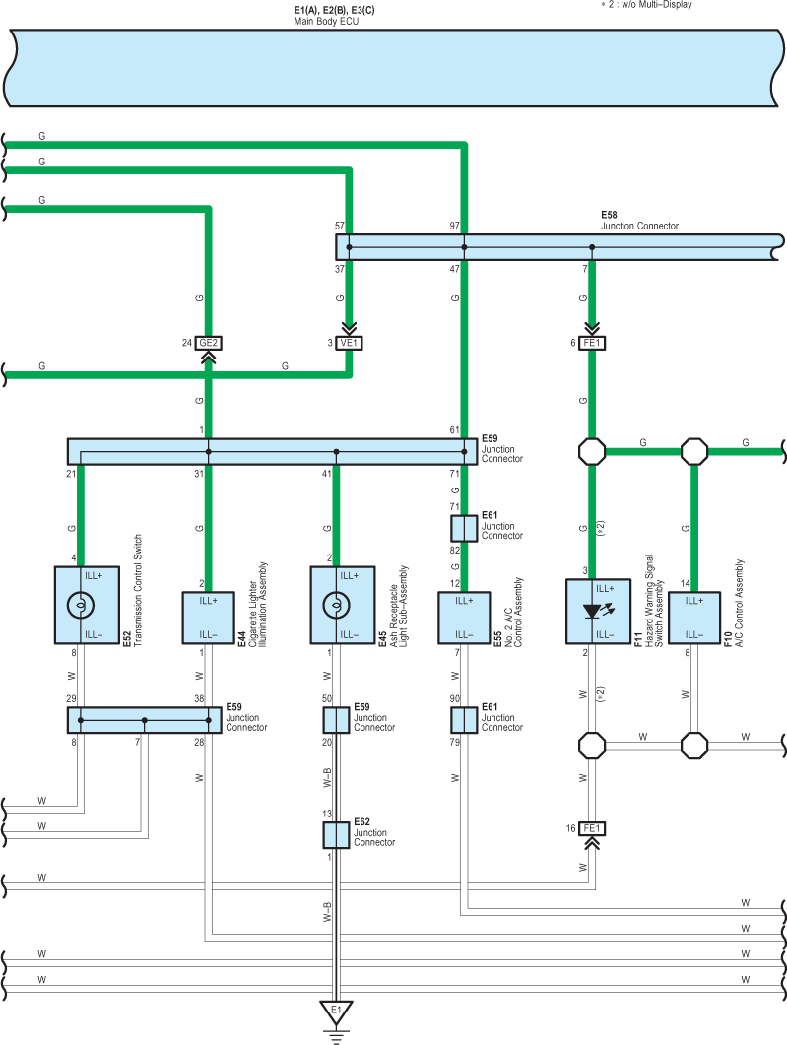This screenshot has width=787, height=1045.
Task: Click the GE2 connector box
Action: pos(208,343)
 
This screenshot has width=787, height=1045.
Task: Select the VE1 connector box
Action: pos(349,343)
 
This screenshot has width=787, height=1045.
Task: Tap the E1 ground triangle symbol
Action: pos(336,1012)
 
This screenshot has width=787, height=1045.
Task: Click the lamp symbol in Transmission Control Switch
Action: pos(81,605)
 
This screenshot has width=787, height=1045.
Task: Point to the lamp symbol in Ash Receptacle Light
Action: pos(336,605)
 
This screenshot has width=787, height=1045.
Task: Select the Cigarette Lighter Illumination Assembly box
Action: pos(208,618)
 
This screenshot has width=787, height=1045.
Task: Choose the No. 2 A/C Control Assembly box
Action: pos(464,618)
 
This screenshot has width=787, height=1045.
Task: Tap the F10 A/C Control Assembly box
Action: pos(694,618)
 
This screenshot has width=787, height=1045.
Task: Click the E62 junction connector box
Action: pos(336,835)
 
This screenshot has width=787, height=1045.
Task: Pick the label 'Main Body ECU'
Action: pos(327,22)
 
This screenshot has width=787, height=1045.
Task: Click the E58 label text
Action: pos(609,215)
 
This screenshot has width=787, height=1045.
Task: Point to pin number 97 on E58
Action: pos(454,226)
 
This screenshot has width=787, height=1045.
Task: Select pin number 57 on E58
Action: pos(340,226)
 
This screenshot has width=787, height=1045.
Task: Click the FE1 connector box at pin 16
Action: pos(592,828)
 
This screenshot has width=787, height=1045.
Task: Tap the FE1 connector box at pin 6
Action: pos(592,343)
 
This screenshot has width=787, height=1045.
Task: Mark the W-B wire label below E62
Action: pos(327,912)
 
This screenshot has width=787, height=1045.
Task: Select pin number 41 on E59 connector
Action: pos(327,474)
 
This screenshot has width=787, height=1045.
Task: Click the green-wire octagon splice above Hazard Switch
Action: pos(592,451)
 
